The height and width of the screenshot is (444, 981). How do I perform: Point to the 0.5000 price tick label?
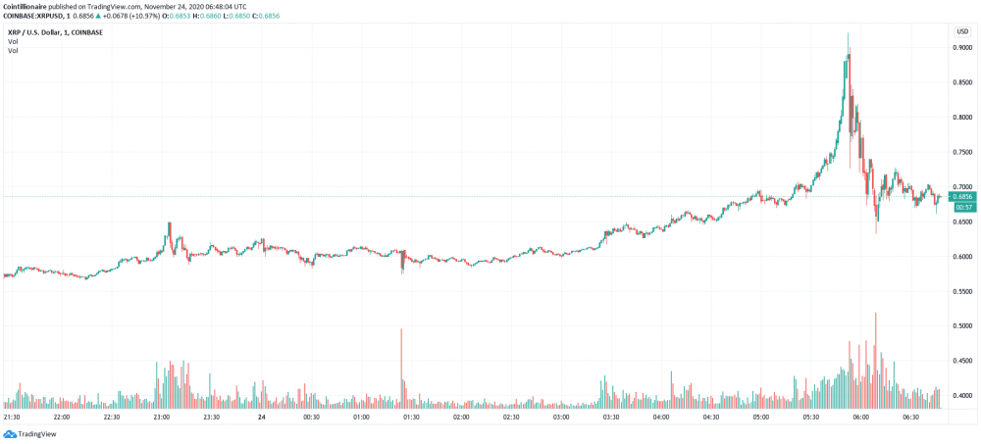(x=962, y=325)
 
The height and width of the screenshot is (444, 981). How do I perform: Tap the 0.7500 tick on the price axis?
(x=962, y=152)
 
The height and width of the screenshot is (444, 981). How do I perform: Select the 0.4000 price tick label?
(x=962, y=395)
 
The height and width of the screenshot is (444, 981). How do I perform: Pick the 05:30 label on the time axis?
(x=810, y=417)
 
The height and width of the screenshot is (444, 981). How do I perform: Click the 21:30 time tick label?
(x=13, y=417)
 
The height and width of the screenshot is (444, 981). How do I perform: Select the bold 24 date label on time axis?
(x=261, y=417)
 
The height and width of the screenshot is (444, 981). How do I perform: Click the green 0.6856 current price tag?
(x=962, y=196)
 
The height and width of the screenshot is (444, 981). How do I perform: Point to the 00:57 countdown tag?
(x=962, y=207)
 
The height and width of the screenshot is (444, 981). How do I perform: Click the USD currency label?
(x=962, y=32)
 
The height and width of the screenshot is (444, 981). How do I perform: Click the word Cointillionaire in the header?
(x=29, y=7)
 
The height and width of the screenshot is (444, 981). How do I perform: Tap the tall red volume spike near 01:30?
(x=401, y=369)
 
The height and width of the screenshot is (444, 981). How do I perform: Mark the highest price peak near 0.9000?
(x=848, y=34)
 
